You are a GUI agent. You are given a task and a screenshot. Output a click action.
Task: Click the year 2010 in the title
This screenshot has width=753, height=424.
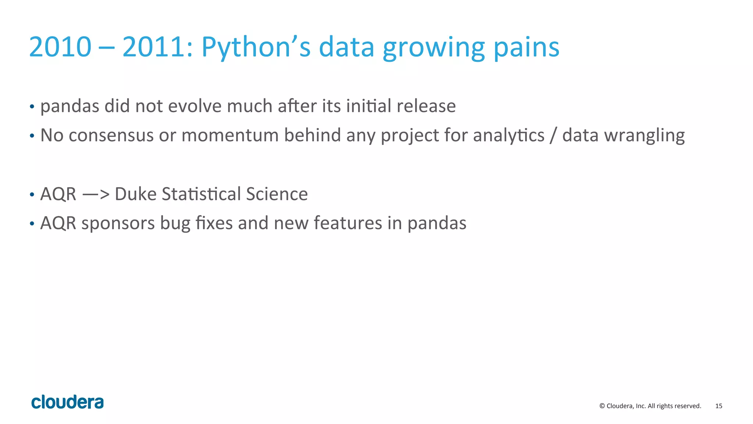click(60, 47)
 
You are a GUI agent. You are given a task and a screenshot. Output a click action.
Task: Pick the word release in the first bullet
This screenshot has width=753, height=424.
click(426, 106)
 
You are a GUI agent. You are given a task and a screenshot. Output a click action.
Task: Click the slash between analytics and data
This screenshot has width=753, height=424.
click(553, 135)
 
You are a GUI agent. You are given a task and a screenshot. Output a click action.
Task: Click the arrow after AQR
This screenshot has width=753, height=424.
click(96, 194)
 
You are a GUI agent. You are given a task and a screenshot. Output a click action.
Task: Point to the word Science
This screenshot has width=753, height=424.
click(276, 194)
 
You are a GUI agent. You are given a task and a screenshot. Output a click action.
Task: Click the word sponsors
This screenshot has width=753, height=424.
click(118, 224)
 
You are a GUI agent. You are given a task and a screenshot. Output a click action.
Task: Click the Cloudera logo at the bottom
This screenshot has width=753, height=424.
click(67, 402)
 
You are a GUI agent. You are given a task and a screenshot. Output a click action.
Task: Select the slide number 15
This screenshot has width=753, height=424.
click(718, 406)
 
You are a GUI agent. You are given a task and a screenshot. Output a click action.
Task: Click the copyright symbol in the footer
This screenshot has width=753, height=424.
click(602, 406)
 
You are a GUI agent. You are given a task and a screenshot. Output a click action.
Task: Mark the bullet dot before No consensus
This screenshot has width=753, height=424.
click(32, 136)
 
